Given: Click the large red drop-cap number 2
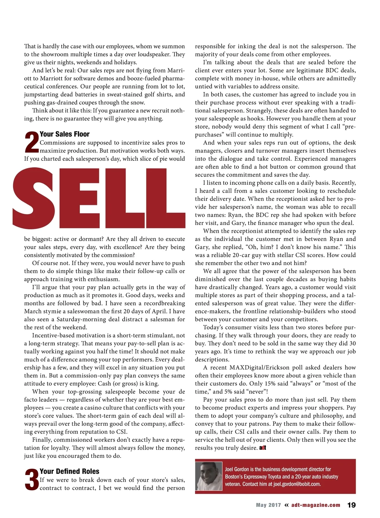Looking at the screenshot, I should point(31,143).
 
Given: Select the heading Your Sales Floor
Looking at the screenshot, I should point(65,134).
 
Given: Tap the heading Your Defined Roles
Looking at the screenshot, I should point(69,471).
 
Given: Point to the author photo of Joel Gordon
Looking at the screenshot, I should point(209,476).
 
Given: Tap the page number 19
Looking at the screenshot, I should point(351,505).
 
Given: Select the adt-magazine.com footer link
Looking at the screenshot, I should point(316,505).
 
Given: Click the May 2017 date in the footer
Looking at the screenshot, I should point(268,505).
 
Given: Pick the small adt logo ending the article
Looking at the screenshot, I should point(263,448).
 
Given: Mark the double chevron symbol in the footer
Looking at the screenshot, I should point(286,505).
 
